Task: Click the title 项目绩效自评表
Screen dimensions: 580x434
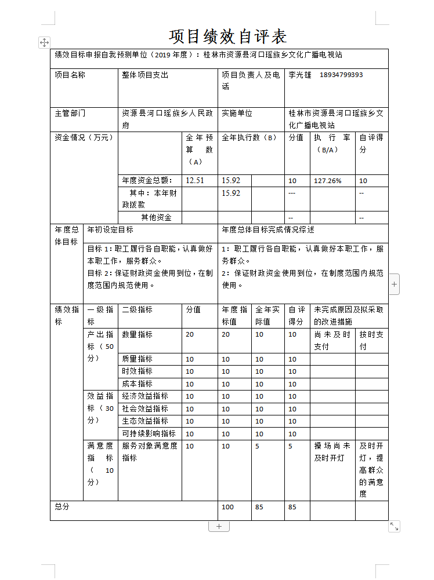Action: pyautogui.click(x=228, y=37)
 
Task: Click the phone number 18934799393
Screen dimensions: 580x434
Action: pyautogui.click(x=341, y=75)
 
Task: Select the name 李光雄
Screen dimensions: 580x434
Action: pyautogui.click(x=300, y=75)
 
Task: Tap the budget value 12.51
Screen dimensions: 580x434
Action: pyautogui.click(x=194, y=181)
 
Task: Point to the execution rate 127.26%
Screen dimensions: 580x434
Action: pyautogui.click(x=328, y=181)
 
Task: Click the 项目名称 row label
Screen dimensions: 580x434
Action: pyautogui.click(x=70, y=75)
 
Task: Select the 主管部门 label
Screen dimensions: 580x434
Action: pyautogui.click(x=70, y=114)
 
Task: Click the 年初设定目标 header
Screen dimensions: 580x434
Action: pyautogui.click(x=110, y=230)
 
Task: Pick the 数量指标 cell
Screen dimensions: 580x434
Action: pyautogui.click(x=137, y=334)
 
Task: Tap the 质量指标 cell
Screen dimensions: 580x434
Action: pyautogui.click(x=137, y=359)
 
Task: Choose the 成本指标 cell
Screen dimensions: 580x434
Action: pyautogui.click(x=137, y=384)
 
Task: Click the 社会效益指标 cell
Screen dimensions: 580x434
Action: pyautogui.click(x=145, y=408)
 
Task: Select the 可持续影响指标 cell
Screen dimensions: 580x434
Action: pyautogui.click(x=149, y=433)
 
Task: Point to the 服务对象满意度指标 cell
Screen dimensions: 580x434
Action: pyautogui.click(x=150, y=452)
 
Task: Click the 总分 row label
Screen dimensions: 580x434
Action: pyautogui.click(x=62, y=507)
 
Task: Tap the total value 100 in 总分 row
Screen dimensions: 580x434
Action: pyautogui.click(x=228, y=508)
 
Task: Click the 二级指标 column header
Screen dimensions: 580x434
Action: pyautogui.click(x=137, y=310)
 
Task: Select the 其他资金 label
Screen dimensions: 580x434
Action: pyautogui.click(x=156, y=218)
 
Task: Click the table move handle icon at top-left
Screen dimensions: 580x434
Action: pyautogui.click(x=44, y=42)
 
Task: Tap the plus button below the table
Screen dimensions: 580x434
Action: pyautogui.click(x=219, y=526)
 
